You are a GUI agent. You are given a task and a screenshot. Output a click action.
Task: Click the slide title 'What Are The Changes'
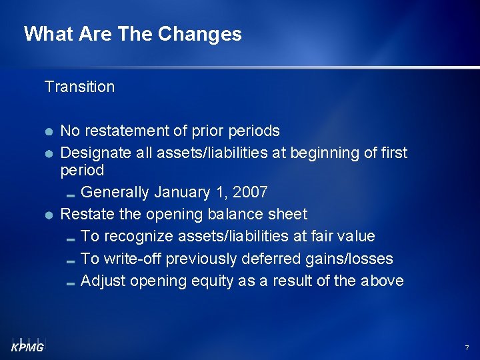(133, 34)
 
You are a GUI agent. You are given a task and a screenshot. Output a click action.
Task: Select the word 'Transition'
(79, 87)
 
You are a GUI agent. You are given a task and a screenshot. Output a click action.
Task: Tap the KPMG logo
(27, 345)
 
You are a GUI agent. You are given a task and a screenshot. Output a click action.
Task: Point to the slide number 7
(467, 348)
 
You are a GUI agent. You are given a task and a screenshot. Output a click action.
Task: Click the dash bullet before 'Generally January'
(71, 195)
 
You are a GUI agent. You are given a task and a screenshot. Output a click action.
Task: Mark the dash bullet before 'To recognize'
(71, 239)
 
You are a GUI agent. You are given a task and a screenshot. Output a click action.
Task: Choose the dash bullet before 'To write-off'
(71, 261)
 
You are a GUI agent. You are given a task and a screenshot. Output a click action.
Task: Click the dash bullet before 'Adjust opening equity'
(71, 283)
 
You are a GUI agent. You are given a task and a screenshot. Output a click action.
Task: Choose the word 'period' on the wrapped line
(82, 171)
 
